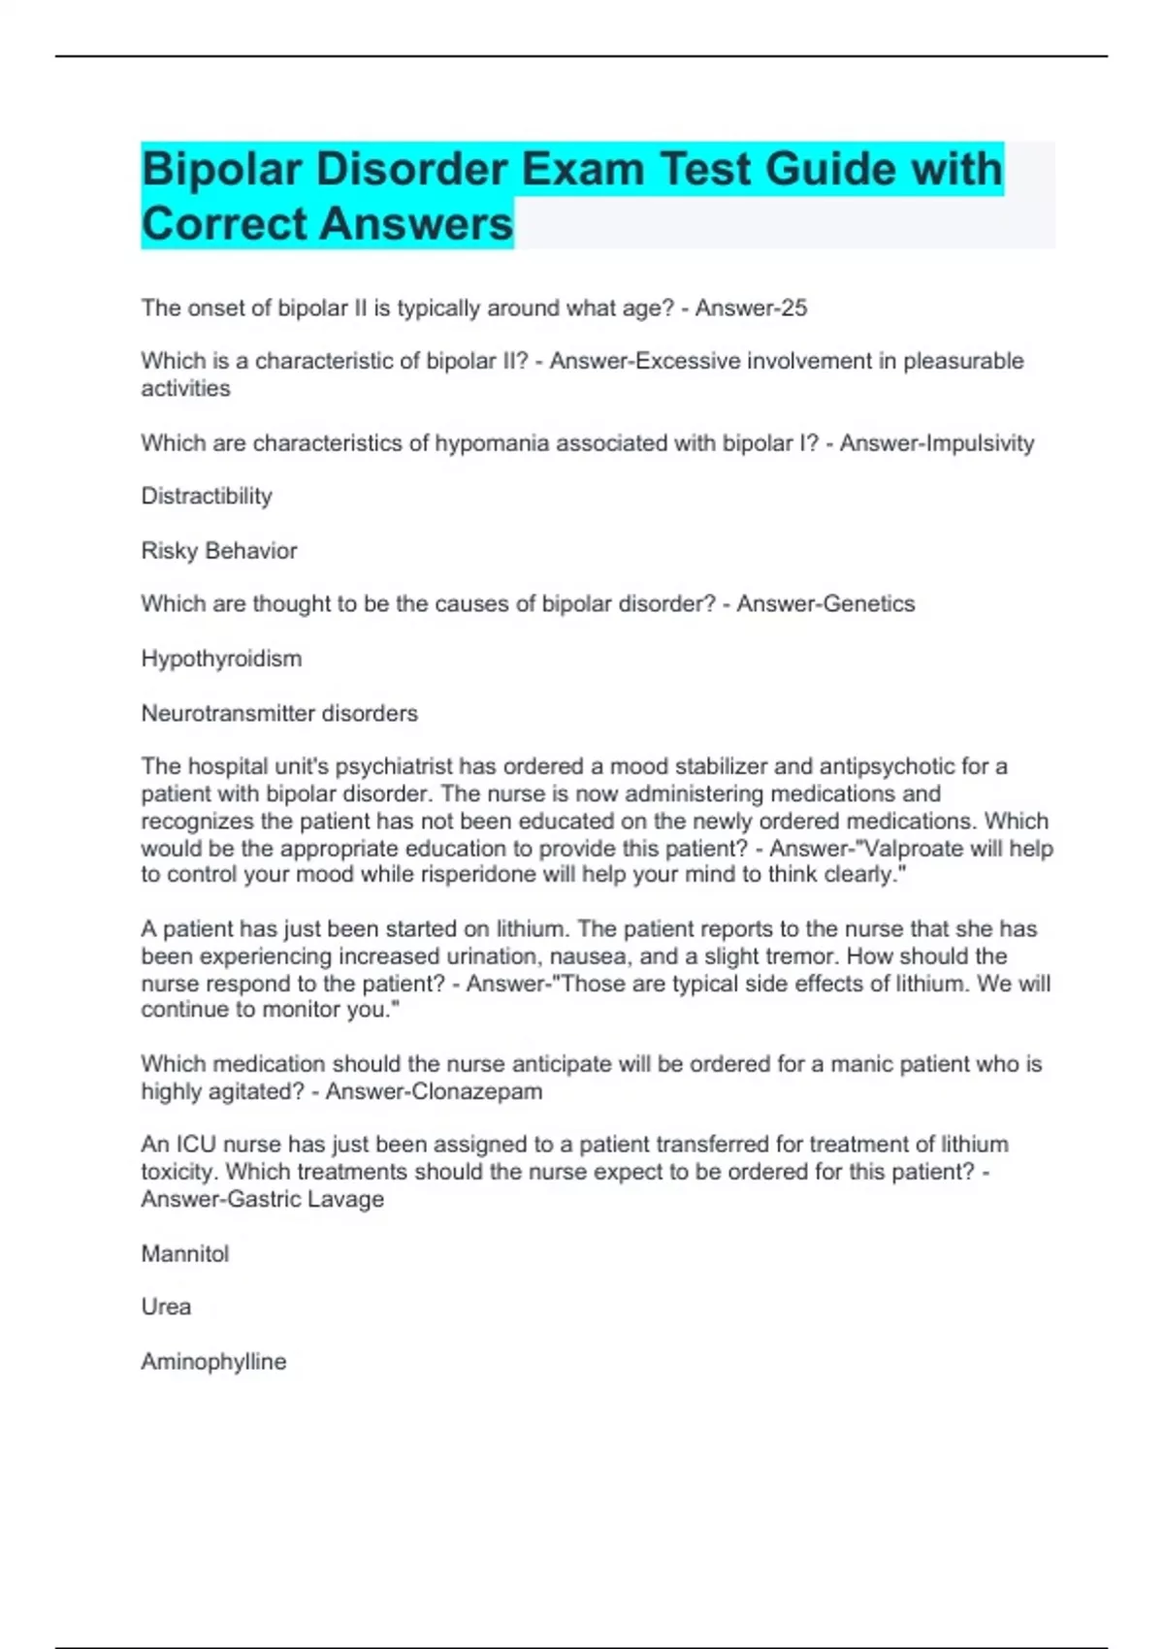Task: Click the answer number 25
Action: pos(793,308)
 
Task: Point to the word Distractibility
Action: pos(207,497)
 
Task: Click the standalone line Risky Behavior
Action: pos(219,551)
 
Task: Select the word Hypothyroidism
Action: pos(221,659)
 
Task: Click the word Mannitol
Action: pos(185,1254)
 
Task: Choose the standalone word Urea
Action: pos(166,1307)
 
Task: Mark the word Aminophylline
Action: pos(213,1362)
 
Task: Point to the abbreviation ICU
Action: pos(195,1145)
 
